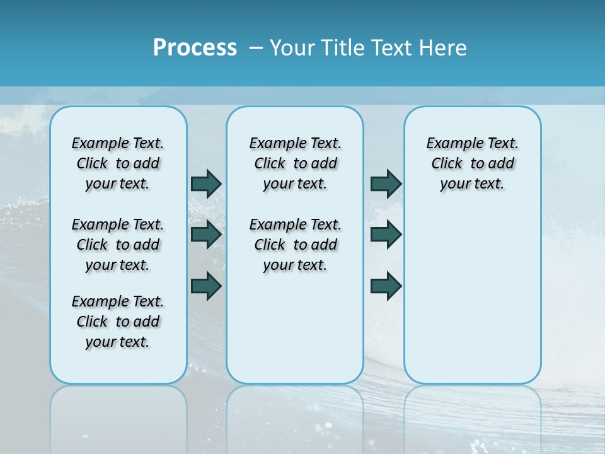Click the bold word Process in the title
click(195, 48)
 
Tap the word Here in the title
click(441, 48)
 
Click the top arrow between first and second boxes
click(206, 183)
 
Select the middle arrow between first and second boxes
click(206, 235)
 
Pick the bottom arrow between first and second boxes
click(206, 286)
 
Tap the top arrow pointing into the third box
click(386, 183)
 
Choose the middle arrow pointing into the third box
click(386, 235)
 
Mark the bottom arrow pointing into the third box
click(386, 286)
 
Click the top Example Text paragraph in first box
click(118, 163)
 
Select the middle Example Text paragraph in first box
click(118, 245)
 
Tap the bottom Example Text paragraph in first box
click(118, 322)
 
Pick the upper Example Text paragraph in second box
click(295, 163)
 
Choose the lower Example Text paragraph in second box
click(295, 245)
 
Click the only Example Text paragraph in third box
click(472, 163)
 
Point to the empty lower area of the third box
click(472, 303)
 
